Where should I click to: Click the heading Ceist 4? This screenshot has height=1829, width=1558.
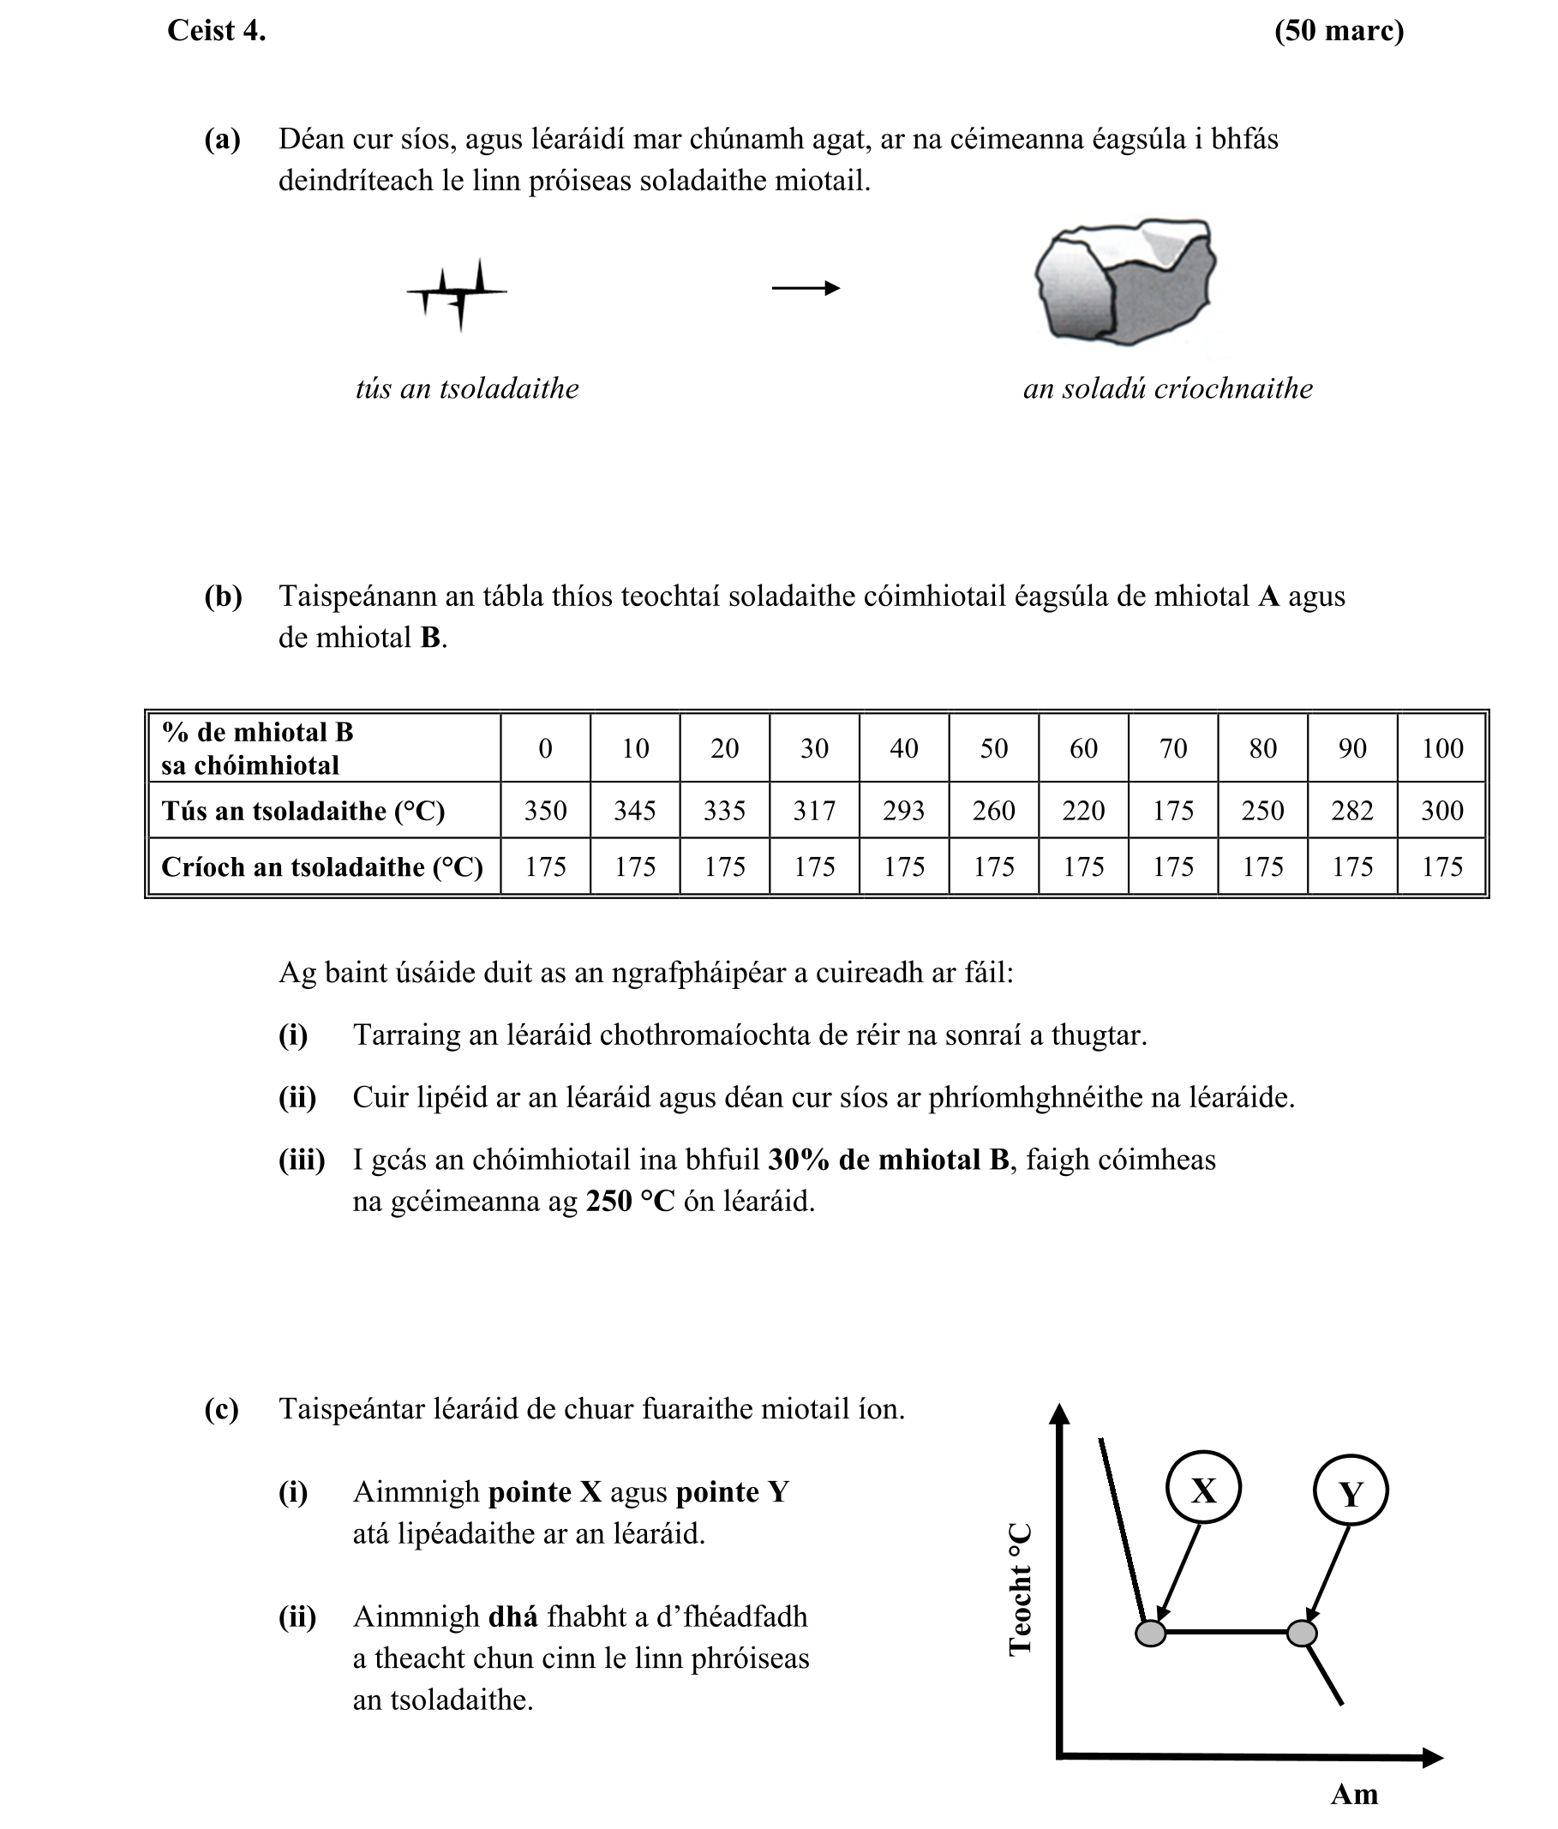tap(216, 31)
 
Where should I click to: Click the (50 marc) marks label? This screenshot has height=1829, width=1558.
tap(1339, 31)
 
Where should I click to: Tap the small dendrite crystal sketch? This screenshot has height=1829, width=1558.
tap(458, 292)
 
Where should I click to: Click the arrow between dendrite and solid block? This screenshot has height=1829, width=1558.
tap(805, 288)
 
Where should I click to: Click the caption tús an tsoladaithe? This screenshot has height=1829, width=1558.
tap(467, 388)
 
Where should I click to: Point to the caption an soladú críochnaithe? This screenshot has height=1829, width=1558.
tap(1167, 388)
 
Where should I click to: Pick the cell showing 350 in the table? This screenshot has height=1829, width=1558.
tap(545, 810)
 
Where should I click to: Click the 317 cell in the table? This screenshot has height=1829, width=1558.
tap(814, 810)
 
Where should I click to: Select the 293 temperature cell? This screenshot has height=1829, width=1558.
tap(903, 810)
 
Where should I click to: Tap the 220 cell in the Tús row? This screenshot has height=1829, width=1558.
tap(1083, 810)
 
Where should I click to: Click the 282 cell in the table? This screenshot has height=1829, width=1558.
tap(1351, 810)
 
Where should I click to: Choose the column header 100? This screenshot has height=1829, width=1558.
tap(1441, 748)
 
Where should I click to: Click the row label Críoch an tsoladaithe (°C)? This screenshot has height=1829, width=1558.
tap(322, 867)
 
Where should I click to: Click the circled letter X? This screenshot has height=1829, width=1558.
tap(1203, 1491)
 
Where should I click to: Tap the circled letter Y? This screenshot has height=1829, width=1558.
tap(1350, 1494)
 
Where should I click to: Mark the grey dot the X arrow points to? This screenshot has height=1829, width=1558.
tap(1150, 1633)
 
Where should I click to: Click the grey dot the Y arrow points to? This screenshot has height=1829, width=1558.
tap(1301, 1633)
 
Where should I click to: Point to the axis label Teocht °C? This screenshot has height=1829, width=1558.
tap(1020, 1589)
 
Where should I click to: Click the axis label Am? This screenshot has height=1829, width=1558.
tap(1353, 1794)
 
